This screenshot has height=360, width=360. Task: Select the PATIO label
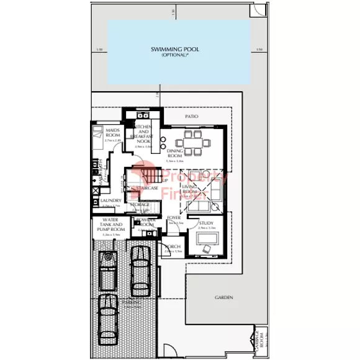pyautogui.click(x=191, y=115)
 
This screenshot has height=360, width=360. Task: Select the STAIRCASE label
pyautogui.click(x=146, y=187)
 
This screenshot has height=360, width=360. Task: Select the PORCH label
pyautogui.click(x=173, y=246)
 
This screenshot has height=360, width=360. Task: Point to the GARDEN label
pyautogui.click(x=224, y=298)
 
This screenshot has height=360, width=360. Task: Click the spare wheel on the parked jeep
pyautogui.click(x=109, y=256)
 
